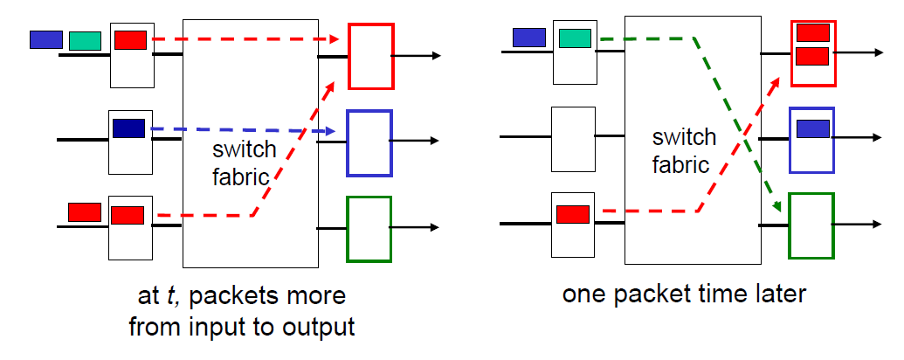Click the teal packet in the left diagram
coord(85,40)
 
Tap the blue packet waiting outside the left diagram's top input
coord(46,39)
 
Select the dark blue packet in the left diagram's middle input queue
coord(128,128)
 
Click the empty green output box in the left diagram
coord(369,229)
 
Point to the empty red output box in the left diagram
coord(371,56)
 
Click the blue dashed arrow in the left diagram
coord(245,131)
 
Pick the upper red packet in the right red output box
coord(812,33)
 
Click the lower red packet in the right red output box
coord(812,57)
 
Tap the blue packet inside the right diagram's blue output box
coord(812,128)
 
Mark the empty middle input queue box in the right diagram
coord(573,138)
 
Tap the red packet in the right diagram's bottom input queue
coord(573,212)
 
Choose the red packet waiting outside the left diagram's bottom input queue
coord(85,211)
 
